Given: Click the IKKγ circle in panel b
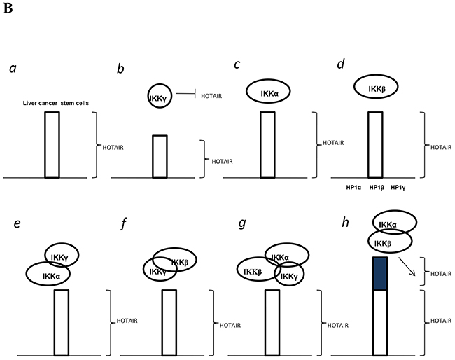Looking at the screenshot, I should (x=158, y=96).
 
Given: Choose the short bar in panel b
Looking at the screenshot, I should (x=160, y=157).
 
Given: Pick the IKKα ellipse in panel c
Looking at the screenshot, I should (x=267, y=92).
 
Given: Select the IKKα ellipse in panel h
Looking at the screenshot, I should (x=392, y=223).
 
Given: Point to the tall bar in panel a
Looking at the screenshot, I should (x=52, y=145).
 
